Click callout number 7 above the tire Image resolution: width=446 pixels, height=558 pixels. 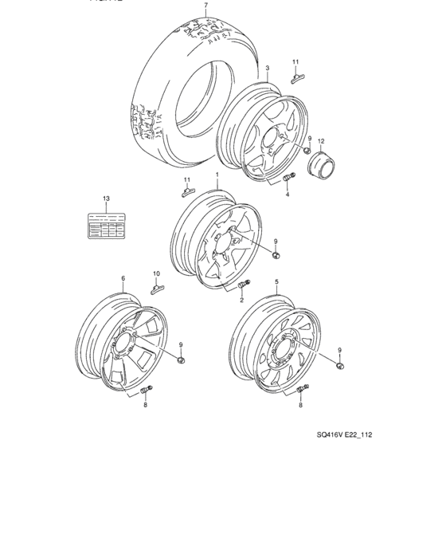click(205, 6)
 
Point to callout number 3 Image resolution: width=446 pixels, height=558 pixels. click(268, 69)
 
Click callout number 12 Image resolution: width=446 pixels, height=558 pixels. click(321, 142)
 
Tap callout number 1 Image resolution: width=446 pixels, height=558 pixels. click(216, 174)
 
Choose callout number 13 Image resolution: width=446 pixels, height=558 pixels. click(105, 197)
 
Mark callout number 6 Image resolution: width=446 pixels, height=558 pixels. click(123, 279)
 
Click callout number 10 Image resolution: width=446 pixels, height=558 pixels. click(156, 273)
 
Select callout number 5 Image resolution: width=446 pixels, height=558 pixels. click(276, 282)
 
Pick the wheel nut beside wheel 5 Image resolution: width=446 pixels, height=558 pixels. click(340, 365)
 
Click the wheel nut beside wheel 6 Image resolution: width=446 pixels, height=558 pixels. click(181, 360)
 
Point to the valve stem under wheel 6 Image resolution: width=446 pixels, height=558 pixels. click(147, 390)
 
